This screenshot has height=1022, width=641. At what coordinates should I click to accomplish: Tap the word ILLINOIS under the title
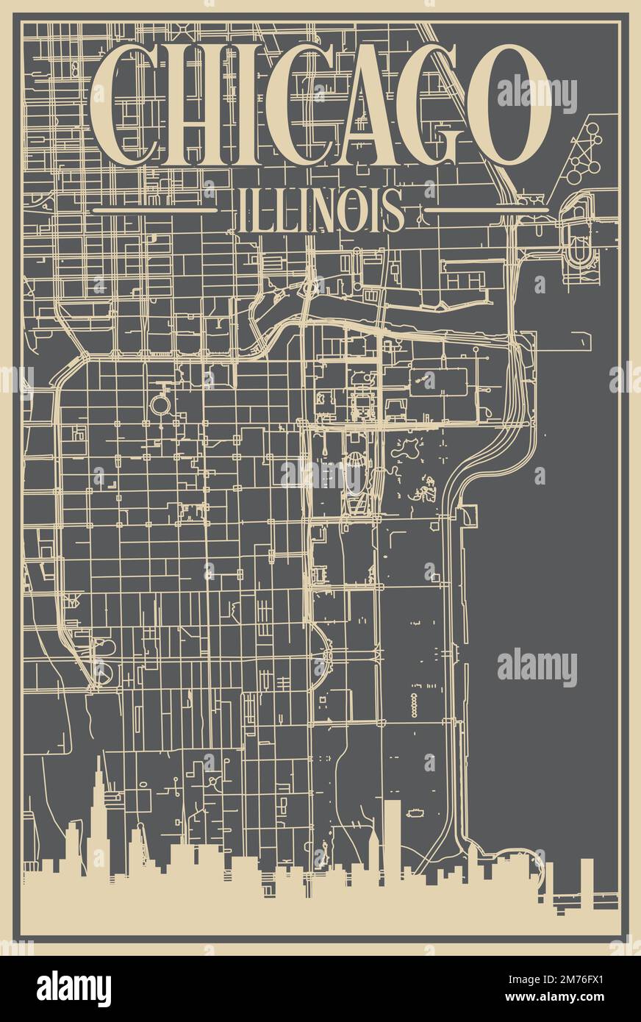point(320,210)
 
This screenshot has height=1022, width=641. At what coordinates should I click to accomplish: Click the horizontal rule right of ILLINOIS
point(487,210)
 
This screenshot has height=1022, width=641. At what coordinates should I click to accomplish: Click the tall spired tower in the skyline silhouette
point(98,809)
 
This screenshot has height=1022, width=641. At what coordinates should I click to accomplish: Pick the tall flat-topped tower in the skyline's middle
point(392,831)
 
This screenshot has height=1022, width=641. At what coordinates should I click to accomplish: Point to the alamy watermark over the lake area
point(537,667)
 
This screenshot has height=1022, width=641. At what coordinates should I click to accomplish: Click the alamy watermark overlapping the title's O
point(537,93)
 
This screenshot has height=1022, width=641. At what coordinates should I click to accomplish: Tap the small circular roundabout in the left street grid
point(160,404)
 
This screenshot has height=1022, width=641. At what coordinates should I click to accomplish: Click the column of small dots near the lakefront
point(414,704)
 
